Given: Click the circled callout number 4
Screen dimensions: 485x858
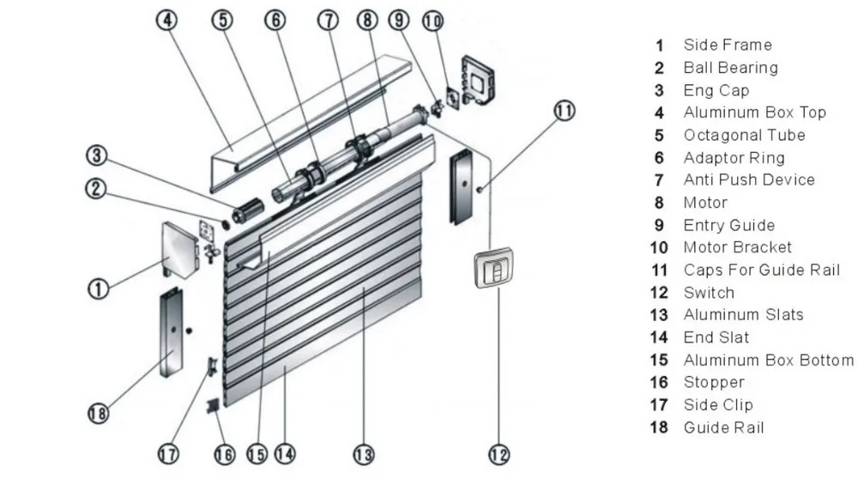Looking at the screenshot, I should [169, 20].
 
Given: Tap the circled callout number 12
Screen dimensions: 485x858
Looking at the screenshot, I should [499, 453].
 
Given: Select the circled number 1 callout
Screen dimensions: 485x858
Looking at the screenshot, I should [100, 288].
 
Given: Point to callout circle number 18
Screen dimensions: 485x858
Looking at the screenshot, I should [100, 414].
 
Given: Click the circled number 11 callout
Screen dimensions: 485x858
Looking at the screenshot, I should [564, 111].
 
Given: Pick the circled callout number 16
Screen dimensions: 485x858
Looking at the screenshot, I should [224, 454].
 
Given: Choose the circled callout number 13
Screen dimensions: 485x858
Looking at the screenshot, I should [364, 454].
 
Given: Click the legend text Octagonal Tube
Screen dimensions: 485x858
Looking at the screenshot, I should [744, 135].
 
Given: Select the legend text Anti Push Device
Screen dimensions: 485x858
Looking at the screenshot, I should [748, 180].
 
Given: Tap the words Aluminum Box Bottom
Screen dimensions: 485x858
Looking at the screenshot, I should [768, 360].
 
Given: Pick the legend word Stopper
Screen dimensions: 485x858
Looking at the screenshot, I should [713, 382].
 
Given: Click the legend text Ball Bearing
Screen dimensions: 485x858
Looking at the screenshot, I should [730, 68].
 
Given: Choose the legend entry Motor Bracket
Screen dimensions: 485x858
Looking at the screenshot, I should [737, 247].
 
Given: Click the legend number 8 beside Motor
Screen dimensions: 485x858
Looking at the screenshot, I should [659, 203].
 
